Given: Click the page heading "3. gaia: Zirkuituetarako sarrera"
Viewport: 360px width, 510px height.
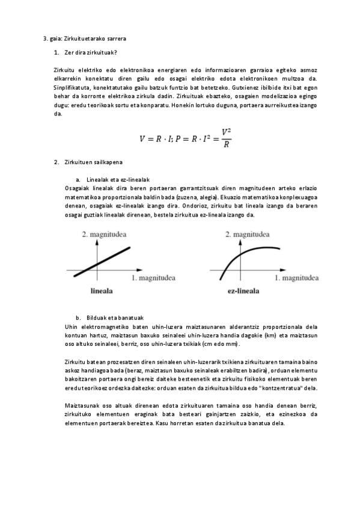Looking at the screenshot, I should [x=84, y=39].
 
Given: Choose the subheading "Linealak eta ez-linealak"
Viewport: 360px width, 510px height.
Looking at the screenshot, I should [x=118, y=179].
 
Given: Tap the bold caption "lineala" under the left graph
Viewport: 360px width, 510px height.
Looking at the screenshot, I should [x=102, y=292].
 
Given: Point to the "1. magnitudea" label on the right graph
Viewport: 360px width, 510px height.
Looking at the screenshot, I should [x=296, y=278].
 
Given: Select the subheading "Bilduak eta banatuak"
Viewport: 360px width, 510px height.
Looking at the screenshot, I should [x=115, y=318].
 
